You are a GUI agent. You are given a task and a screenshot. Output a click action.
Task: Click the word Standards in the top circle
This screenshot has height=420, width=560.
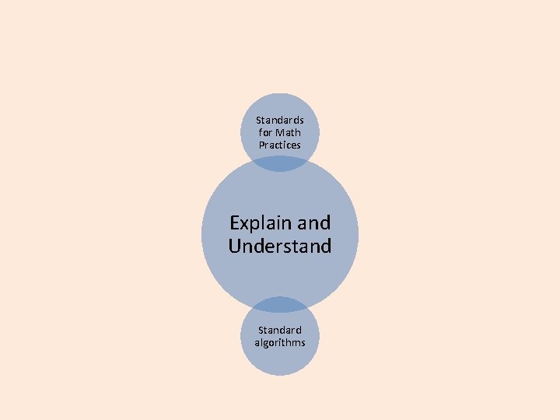(x=280, y=121)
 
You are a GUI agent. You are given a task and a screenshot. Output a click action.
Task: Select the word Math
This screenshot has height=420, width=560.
(x=288, y=133)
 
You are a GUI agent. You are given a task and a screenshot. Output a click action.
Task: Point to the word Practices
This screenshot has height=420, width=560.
(x=280, y=145)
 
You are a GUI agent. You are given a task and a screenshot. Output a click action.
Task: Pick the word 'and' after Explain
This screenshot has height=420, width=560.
(x=314, y=223)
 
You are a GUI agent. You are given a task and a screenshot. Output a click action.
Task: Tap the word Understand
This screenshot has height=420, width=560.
(x=280, y=247)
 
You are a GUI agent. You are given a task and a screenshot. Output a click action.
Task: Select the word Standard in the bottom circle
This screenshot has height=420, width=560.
(x=280, y=331)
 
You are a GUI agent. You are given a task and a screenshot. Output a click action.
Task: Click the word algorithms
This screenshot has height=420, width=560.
(x=280, y=343)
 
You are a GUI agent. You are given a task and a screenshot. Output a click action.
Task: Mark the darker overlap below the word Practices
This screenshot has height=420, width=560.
(x=280, y=163)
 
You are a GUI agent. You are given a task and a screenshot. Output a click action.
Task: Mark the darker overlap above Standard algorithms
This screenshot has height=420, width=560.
(x=280, y=304)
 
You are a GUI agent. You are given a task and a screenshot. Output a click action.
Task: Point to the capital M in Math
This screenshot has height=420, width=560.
(x=278, y=133)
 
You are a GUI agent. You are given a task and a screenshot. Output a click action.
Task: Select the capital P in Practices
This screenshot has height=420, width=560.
(x=262, y=145)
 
